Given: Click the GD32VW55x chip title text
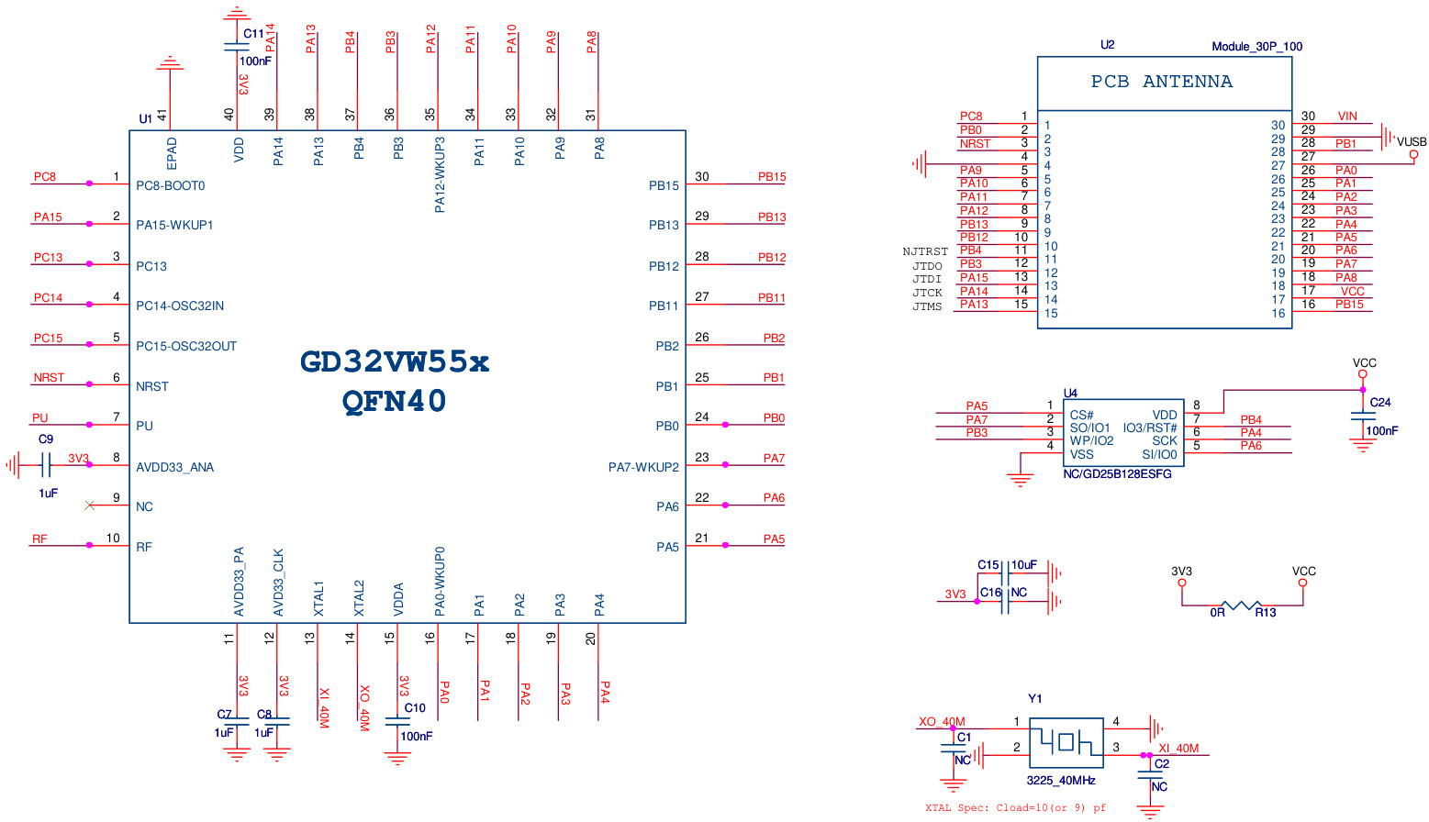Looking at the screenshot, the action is tap(395, 362).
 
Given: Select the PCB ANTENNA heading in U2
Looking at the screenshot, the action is tap(1162, 82).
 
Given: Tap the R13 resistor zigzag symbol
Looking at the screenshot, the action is tap(1242, 605).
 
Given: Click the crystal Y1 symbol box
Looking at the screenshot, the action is tap(1066, 743).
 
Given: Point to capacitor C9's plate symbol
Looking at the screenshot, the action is tap(45, 465).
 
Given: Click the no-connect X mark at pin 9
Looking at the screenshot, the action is tap(90, 505).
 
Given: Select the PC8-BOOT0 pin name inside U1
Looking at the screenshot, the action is tap(171, 185).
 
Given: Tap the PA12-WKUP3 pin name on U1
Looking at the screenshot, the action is tap(439, 174).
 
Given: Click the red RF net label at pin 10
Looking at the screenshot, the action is tap(39, 539).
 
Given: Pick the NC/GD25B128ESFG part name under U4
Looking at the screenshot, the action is tap(1117, 473).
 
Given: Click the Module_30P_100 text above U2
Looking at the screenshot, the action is tap(1256, 47).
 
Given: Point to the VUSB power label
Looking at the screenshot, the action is tap(1412, 141).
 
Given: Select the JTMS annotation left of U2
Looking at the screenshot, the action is tap(927, 306).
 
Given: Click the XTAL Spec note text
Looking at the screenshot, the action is tap(1016, 807).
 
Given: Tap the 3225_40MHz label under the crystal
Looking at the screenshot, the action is tap(1061, 781).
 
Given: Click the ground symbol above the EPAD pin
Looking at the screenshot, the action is tap(170, 63).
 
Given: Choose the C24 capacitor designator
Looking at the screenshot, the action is tap(1379, 403).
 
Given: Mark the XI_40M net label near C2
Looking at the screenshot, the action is tap(1178, 748).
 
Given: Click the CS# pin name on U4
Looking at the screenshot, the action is tap(1082, 416).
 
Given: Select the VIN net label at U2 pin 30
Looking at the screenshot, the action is tap(1347, 117).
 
